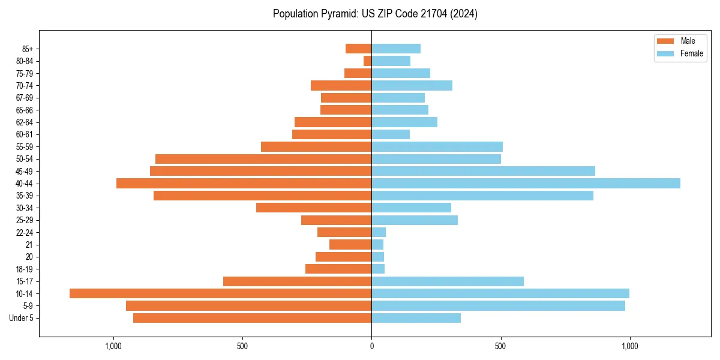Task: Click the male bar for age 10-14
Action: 220,293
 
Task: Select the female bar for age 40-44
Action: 526,183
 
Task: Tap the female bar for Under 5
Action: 416,318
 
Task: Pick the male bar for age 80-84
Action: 367,61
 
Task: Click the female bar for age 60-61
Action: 391,134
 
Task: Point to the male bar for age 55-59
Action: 316,146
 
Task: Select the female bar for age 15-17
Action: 448,281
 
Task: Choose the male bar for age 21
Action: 350,245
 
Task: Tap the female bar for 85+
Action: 396,49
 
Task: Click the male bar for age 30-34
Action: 314,208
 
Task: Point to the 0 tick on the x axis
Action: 371,346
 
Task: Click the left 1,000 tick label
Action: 113,346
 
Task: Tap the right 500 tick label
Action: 500,346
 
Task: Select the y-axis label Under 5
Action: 22,318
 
